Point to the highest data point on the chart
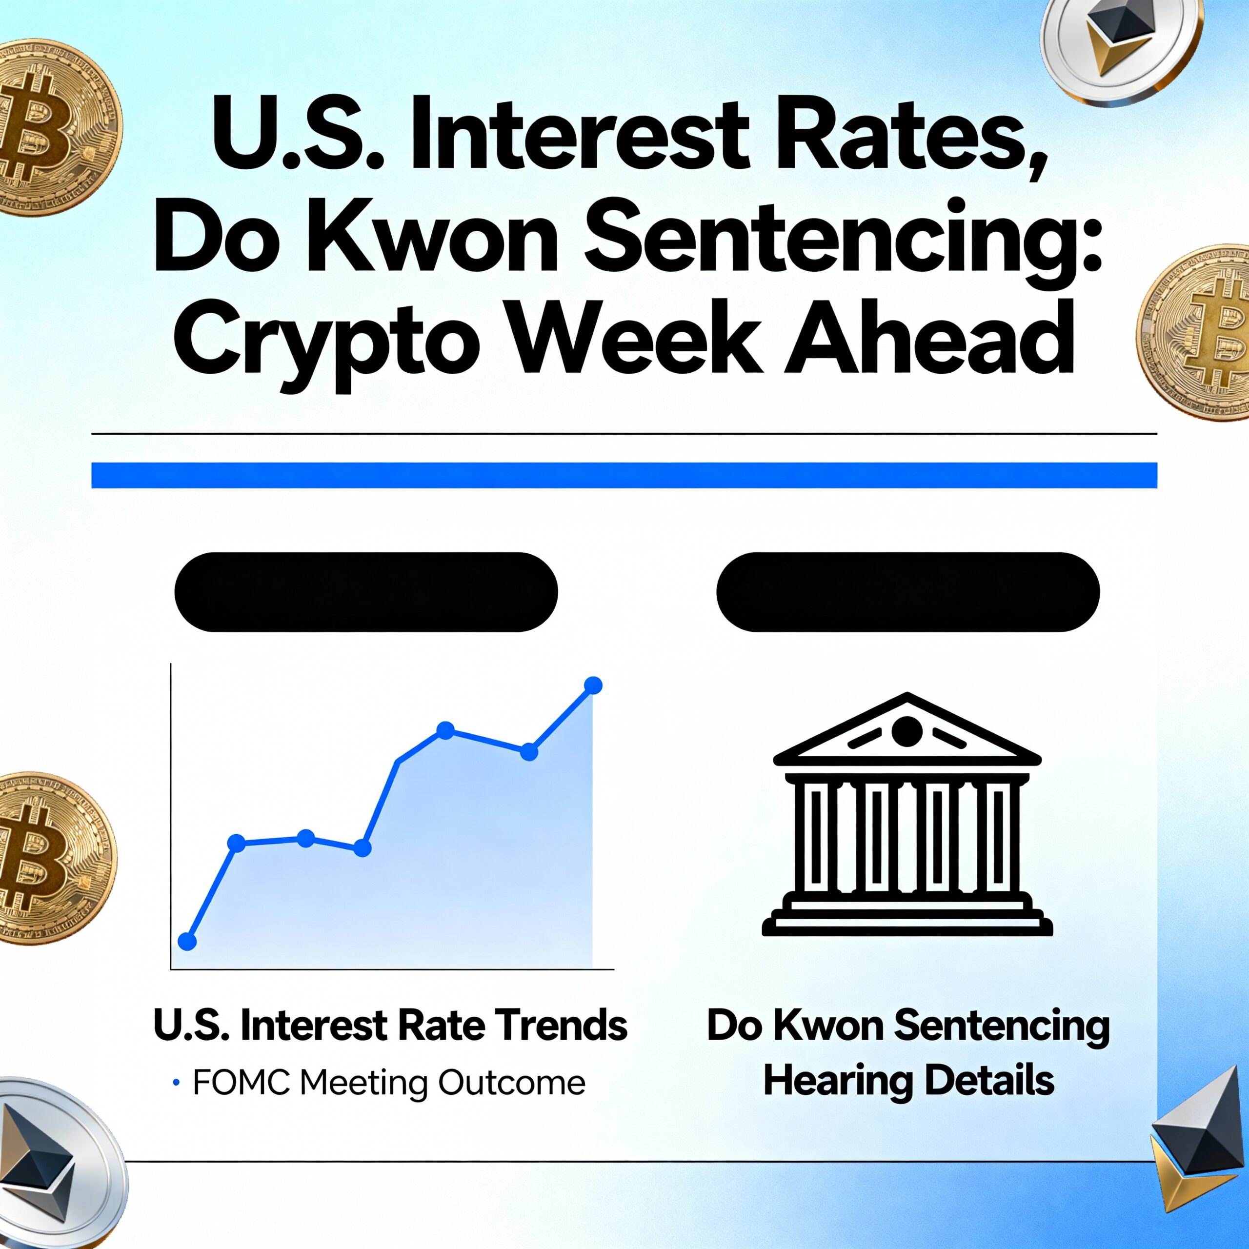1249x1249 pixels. pos(593,685)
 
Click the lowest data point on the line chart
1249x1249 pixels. pos(187,941)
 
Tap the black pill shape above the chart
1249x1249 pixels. pos(366,592)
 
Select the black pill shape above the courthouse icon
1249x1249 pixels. pos(907,592)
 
